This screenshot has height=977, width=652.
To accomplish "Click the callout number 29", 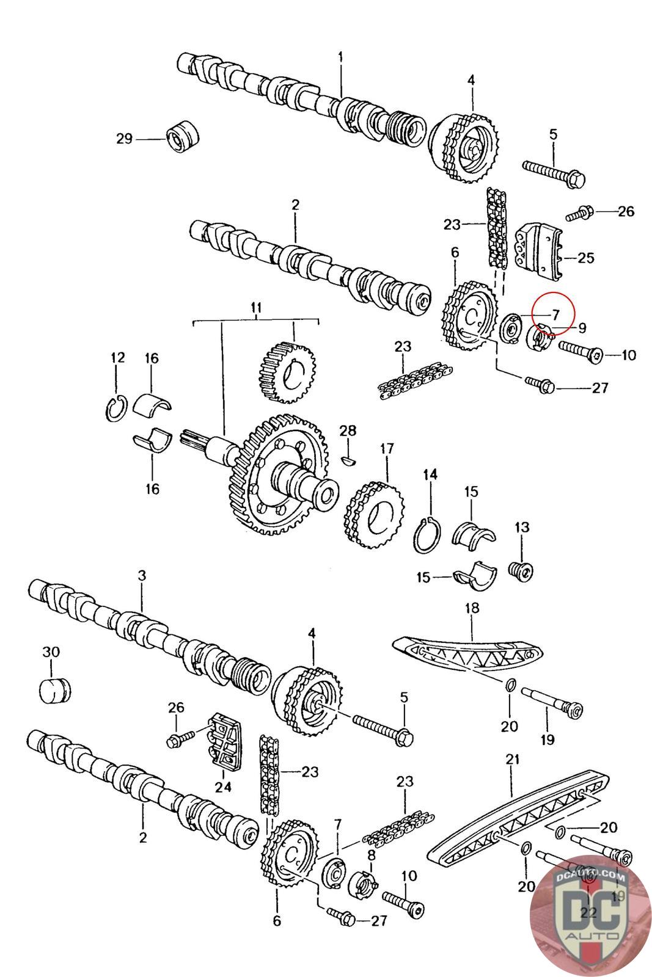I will point(124,139).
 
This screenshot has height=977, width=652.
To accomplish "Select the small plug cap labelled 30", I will point(54,689).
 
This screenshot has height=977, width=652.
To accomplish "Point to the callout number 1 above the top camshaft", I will point(340,57).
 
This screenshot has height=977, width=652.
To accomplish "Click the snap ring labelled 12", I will point(117,408).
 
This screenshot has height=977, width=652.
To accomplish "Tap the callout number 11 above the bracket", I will point(255,307).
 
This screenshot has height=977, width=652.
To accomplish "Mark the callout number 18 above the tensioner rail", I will point(472,608).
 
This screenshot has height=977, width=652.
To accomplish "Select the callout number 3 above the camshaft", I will point(142,575).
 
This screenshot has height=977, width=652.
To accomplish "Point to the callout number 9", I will point(582,329).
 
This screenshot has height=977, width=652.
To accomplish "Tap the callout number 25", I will point(585,258).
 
